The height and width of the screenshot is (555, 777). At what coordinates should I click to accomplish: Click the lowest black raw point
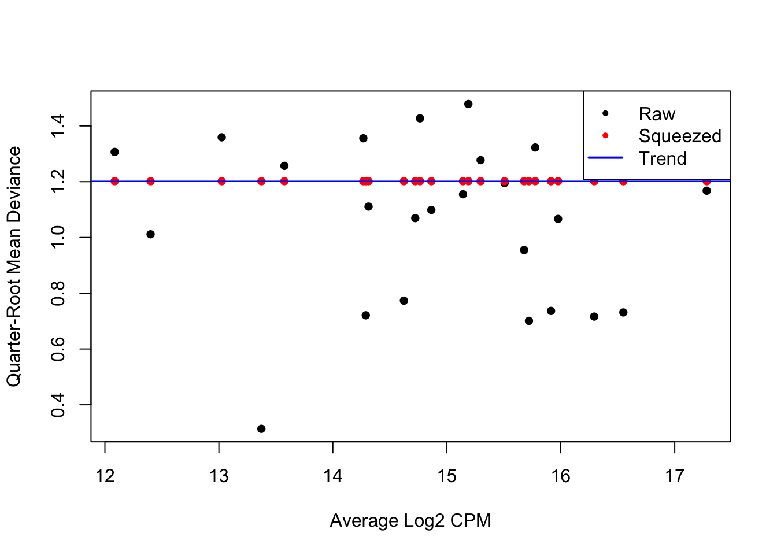pos(261,429)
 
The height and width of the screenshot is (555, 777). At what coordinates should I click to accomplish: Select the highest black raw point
pos(468,104)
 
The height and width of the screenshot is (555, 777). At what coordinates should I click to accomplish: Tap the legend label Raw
pos(657,114)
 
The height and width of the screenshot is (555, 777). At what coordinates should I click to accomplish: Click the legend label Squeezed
pos(680,136)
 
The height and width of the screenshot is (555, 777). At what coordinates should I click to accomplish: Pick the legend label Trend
pos(663,158)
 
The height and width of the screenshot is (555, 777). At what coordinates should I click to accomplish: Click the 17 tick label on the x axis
pos(675,476)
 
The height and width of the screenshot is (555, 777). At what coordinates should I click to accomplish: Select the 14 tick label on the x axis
pos(333,476)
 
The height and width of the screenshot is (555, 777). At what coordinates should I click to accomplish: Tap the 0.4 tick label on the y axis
pos(58,405)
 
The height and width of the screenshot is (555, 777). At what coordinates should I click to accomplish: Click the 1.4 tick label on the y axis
pos(58,126)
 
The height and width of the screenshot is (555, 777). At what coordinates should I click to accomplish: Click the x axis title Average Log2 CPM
pos(410,521)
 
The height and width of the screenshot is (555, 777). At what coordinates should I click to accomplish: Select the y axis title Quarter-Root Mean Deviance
pos(14,266)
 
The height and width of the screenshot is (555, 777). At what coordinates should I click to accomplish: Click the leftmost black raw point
pos(114,152)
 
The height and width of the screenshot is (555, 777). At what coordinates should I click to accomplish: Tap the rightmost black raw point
pos(706,191)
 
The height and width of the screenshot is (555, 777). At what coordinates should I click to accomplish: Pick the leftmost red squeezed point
pos(114,182)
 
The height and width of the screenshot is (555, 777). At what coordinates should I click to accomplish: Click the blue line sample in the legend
pos(605,158)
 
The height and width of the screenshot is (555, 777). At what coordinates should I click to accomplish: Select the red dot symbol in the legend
pos(605,136)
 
